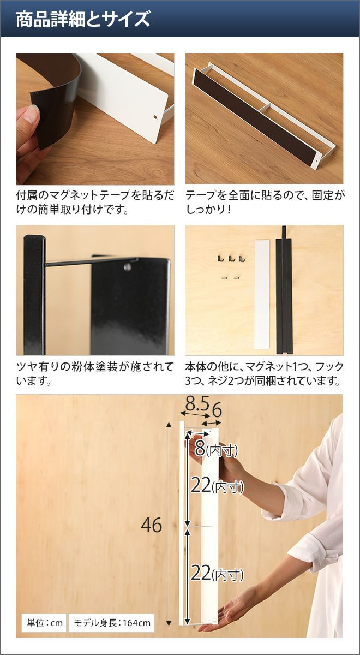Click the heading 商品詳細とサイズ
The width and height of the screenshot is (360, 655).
pyautogui.click(x=83, y=19)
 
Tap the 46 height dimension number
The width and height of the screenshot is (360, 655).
pyautogui.click(x=152, y=525)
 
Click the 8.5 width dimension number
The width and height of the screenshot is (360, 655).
pyautogui.click(x=197, y=404)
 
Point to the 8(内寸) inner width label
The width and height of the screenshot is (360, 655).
pyautogui.click(x=216, y=448)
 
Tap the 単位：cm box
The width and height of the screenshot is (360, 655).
pyautogui.click(x=45, y=623)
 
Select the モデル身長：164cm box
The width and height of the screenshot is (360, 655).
pyautogui.click(x=111, y=623)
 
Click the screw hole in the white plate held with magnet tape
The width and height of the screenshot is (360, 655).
pyautogui.click(x=155, y=117)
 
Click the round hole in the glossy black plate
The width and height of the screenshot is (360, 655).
pyautogui.click(x=128, y=266)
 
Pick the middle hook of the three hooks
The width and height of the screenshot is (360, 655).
pyautogui.click(x=231, y=259)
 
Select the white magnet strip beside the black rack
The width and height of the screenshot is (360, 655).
pyautogui.click(x=262, y=294)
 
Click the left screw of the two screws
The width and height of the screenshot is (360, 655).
pyautogui.click(x=224, y=277)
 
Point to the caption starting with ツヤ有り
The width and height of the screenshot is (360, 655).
pyautogui.click(x=95, y=374)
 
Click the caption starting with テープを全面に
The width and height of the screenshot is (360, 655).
pyautogui.click(x=265, y=203)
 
